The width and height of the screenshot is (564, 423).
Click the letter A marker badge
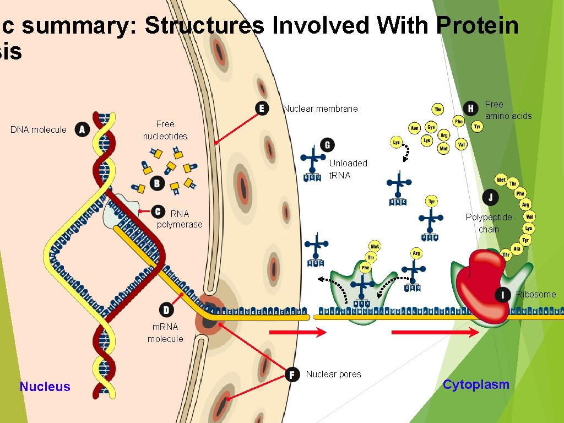83,129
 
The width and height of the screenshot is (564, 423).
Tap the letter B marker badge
157,183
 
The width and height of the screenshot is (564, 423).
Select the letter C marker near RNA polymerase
158,211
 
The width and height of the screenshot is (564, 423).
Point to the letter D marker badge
166,309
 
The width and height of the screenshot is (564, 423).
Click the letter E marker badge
262,109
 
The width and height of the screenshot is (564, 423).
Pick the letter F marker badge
293,374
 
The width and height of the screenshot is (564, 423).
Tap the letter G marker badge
327,145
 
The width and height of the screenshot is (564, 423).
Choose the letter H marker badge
470,108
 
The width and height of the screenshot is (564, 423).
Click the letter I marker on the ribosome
502,295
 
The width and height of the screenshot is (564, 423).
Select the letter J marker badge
490,197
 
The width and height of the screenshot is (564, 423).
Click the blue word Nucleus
45,387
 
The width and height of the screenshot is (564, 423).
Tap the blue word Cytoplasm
476,384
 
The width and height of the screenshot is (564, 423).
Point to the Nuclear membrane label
321,109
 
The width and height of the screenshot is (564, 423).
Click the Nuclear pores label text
333,374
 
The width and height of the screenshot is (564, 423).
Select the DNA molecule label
39,129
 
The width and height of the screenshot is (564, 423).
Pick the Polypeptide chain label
489,223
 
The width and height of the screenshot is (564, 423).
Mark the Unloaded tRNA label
348,169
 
